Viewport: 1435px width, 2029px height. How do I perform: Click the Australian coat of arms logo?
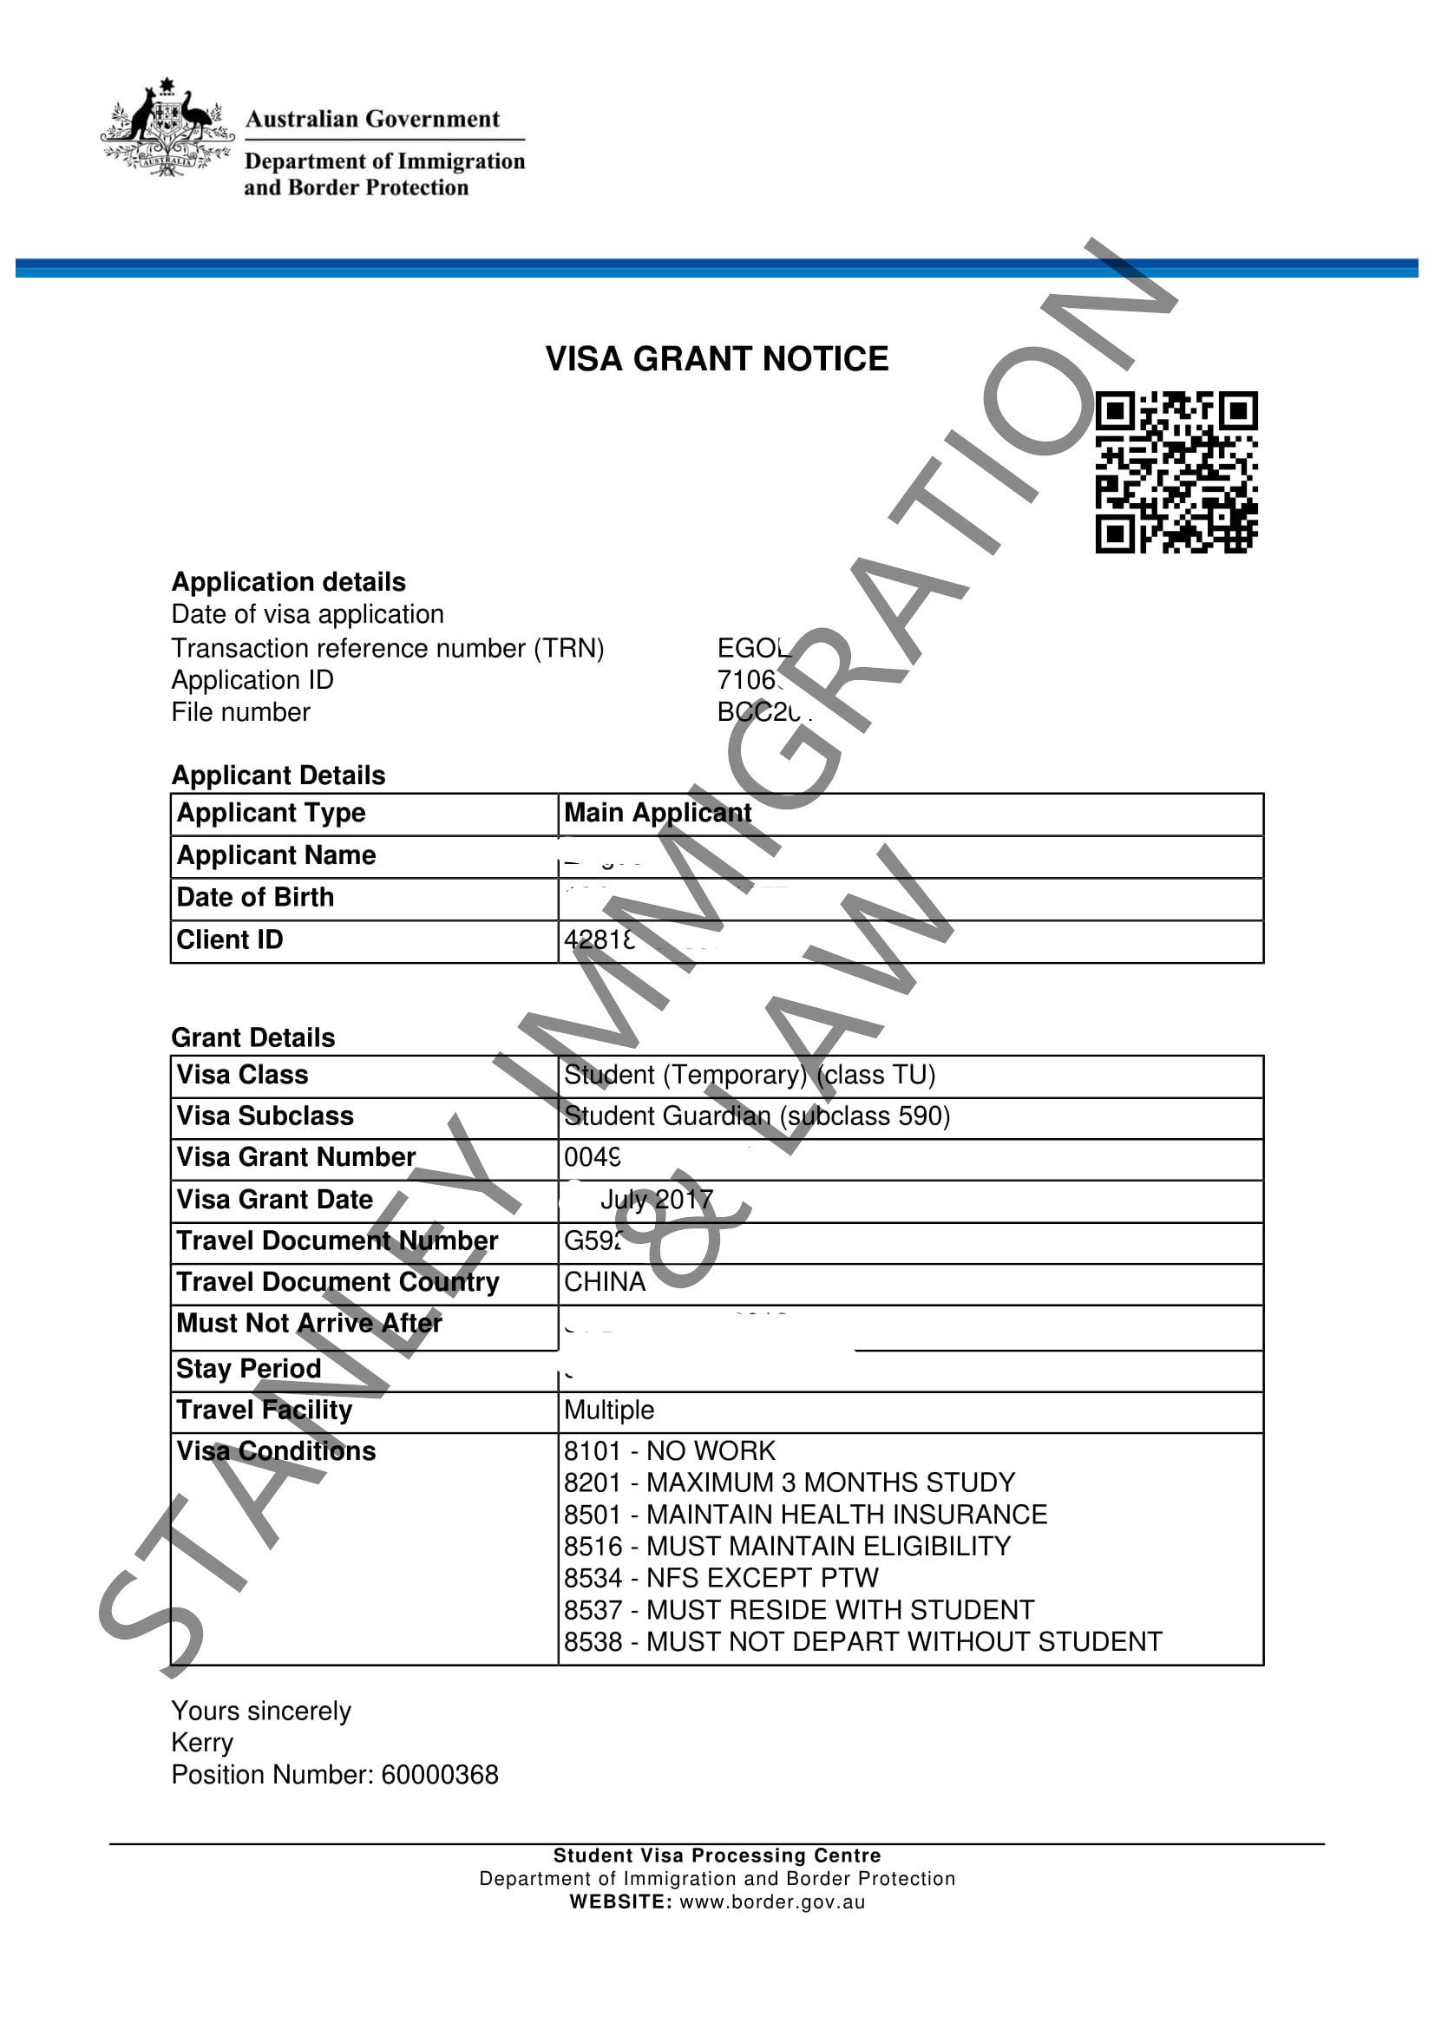click(x=167, y=128)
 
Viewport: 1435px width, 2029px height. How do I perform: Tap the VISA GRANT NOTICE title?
click(x=717, y=359)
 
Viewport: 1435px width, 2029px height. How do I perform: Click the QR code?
click(x=1176, y=473)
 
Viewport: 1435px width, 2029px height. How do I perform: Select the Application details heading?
click(x=288, y=581)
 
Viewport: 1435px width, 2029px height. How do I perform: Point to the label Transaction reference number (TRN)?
click(x=387, y=648)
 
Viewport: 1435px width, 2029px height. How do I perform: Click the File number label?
click(x=240, y=711)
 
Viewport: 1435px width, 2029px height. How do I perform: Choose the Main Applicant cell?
click(x=658, y=813)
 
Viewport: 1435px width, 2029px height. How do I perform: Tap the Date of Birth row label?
click(x=255, y=897)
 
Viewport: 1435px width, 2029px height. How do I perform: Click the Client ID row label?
click(x=230, y=939)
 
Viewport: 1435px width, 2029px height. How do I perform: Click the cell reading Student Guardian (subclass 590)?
click(x=757, y=1116)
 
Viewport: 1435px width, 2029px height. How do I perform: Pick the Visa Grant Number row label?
click(x=295, y=1157)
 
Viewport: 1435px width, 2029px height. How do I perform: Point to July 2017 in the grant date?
click(x=657, y=1199)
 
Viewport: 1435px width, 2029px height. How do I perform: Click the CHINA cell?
click(x=605, y=1281)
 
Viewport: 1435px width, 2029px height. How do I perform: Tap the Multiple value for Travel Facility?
click(x=609, y=1410)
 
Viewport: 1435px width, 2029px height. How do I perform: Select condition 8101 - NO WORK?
click(x=669, y=1451)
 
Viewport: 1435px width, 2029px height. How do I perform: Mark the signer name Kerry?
click(x=202, y=1742)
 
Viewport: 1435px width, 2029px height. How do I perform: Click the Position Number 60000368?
click(x=335, y=1775)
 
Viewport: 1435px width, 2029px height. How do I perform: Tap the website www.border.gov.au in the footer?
click(x=771, y=1901)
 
